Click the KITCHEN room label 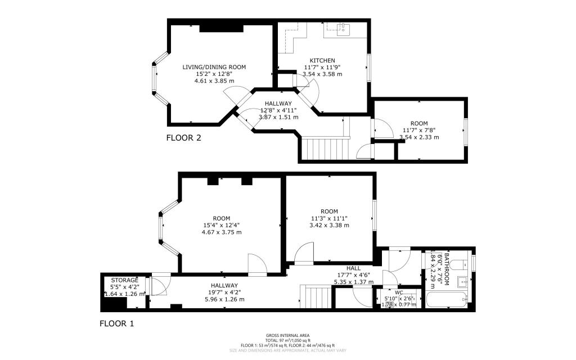coord(322,60)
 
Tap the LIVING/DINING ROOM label coord(214,67)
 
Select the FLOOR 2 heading coord(183,137)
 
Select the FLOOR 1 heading coord(117,323)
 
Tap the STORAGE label coord(124,280)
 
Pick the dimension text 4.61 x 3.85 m coord(214,81)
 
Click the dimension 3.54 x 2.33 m coord(419,137)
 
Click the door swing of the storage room coord(160,286)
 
